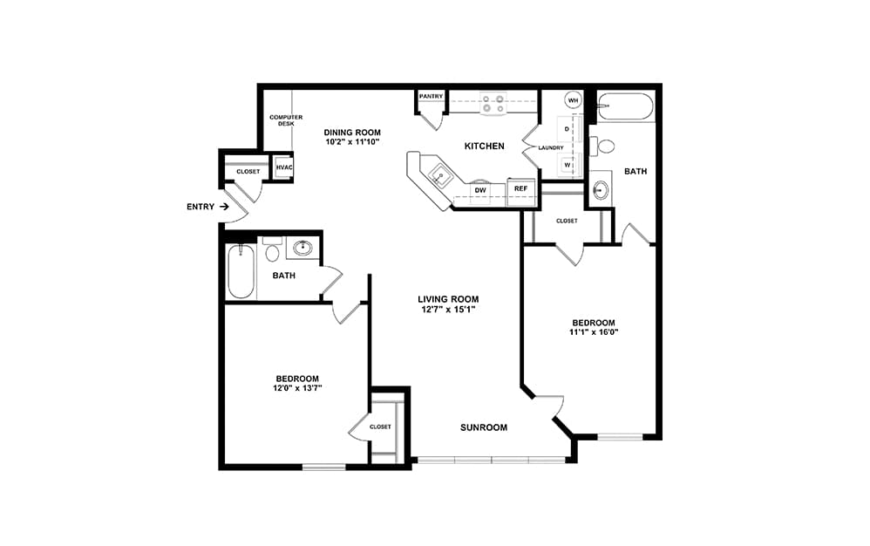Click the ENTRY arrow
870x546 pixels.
[x=224, y=207]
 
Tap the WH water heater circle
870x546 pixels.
[x=573, y=100]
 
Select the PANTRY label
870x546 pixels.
[x=432, y=97]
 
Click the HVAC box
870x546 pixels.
[x=284, y=167]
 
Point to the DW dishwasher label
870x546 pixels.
[x=480, y=190]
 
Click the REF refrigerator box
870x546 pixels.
[x=521, y=192]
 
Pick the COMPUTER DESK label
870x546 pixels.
[x=286, y=120]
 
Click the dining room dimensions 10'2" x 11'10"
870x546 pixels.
[x=352, y=141]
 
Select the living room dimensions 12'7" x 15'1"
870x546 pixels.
[x=448, y=309]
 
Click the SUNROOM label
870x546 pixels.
[x=484, y=427]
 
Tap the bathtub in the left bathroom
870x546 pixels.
[x=241, y=272]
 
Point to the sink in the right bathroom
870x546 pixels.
[x=601, y=190]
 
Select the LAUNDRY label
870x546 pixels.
[x=551, y=147]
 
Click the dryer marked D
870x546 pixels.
[x=567, y=129]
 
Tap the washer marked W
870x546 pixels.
[x=567, y=165]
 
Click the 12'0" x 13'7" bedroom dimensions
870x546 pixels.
[x=297, y=388]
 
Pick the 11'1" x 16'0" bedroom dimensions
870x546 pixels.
[x=594, y=332]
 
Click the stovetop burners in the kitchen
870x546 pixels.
[x=493, y=104]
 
